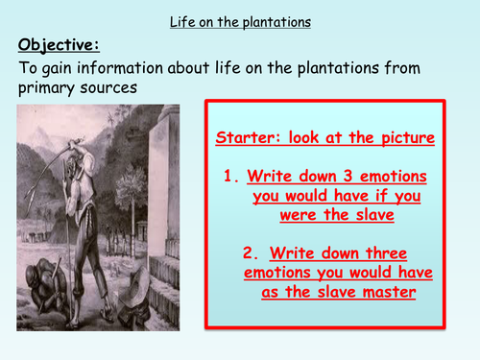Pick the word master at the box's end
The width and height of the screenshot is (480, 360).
(389, 293)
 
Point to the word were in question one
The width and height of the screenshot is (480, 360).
(295, 216)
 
